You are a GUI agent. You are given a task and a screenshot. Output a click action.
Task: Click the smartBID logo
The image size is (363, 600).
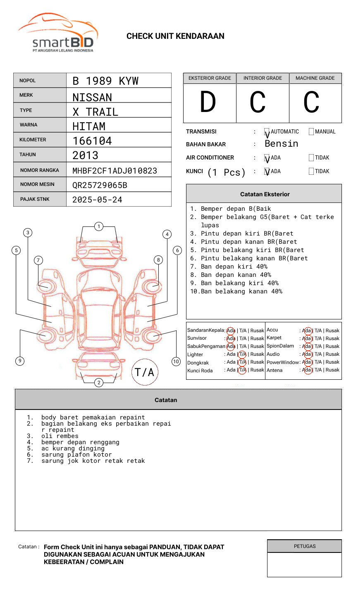58,33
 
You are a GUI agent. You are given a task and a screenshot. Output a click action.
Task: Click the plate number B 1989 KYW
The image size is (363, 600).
105,81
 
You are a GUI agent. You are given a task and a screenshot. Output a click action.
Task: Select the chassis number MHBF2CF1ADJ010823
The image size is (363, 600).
115,171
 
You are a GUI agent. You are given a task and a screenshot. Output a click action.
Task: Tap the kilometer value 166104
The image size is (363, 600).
92,141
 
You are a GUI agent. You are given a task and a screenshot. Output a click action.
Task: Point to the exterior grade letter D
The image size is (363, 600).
208,102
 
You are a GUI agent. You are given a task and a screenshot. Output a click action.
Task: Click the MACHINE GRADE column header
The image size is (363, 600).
315,78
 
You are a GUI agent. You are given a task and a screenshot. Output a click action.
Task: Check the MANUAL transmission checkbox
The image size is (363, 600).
311,132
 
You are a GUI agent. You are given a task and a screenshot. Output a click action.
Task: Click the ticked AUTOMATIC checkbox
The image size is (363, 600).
267,132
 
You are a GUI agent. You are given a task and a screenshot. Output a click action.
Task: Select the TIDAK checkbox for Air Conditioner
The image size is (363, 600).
311,158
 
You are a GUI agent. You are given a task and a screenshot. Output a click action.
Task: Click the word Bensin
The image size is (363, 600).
281,144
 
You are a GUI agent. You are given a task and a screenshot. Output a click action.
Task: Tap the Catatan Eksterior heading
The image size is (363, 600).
265,194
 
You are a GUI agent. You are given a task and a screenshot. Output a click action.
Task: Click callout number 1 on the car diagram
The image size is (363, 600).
98,226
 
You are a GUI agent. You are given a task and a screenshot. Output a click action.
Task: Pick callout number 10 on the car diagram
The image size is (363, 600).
176,362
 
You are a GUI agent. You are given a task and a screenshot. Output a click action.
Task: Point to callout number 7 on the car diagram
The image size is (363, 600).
38,260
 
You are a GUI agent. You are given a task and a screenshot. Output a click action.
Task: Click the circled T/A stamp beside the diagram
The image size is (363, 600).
145,372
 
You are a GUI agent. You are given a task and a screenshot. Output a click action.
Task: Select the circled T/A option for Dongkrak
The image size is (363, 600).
242,362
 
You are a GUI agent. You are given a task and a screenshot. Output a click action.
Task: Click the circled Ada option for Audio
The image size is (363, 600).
307,354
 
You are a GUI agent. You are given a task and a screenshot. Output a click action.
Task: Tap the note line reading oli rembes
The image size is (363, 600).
60,436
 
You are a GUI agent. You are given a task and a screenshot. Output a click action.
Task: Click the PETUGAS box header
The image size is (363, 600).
304,546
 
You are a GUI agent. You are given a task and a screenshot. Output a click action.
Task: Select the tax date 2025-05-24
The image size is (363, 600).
97,200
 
